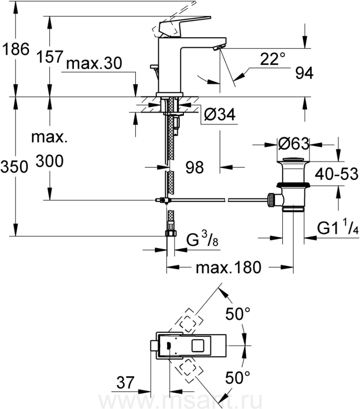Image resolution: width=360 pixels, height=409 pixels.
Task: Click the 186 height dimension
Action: click(15, 49)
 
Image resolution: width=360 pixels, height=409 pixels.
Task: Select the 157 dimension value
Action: click(50, 57)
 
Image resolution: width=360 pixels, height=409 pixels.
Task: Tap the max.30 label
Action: click(94, 63)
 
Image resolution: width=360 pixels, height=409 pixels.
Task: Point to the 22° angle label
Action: click(272, 59)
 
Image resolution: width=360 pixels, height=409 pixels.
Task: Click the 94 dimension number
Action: click(304, 73)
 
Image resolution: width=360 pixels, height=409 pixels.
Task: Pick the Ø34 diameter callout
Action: click(220, 114)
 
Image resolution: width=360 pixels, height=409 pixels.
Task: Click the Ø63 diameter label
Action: click(294, 144)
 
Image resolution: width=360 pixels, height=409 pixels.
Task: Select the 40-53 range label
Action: click(336, 174)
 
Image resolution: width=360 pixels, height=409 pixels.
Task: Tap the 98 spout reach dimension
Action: click(195, 167)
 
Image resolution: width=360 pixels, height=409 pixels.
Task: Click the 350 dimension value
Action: click(14, 167)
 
